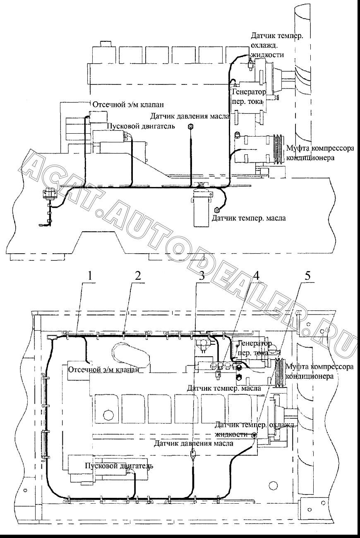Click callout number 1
click(90, 276)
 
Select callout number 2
click(138, 276)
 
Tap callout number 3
click(202, 276)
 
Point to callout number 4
click(256, 276)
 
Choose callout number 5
click(307, 276)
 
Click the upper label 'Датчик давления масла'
click(190, 116)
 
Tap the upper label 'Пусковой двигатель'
click(141, 126)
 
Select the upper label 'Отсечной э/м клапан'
click(128, 105)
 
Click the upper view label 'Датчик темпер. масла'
click(249, 218)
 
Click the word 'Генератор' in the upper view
click(249, 92)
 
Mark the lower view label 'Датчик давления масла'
click(194, 443)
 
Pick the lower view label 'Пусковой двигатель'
click(119, 466)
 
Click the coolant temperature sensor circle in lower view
click(254, 435)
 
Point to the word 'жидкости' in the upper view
click(267, 55)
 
